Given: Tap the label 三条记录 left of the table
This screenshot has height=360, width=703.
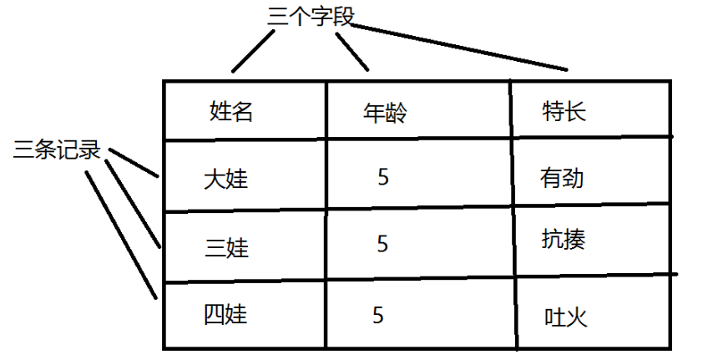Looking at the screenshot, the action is (57, 151).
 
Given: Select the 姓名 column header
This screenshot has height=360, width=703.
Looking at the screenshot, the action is (230, 111).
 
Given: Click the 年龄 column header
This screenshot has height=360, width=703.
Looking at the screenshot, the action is (385, 112).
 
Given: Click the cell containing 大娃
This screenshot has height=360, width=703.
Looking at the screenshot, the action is (225, 179).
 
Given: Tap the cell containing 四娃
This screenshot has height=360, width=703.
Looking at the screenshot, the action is (225, 315).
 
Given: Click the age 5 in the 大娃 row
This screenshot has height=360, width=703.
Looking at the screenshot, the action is (383, 177).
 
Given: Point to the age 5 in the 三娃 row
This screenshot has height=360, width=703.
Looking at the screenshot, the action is (383, 244).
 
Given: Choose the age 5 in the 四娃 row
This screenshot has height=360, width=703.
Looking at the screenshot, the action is (378, 315).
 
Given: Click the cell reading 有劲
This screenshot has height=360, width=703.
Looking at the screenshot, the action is (561, 178).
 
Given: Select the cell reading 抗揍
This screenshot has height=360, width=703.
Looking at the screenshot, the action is (564, 240).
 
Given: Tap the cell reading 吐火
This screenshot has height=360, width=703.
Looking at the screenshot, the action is (566, 317).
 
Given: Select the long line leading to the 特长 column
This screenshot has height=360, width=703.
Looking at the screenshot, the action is (459, 47).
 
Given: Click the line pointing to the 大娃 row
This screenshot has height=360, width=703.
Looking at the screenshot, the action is (134, 164).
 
